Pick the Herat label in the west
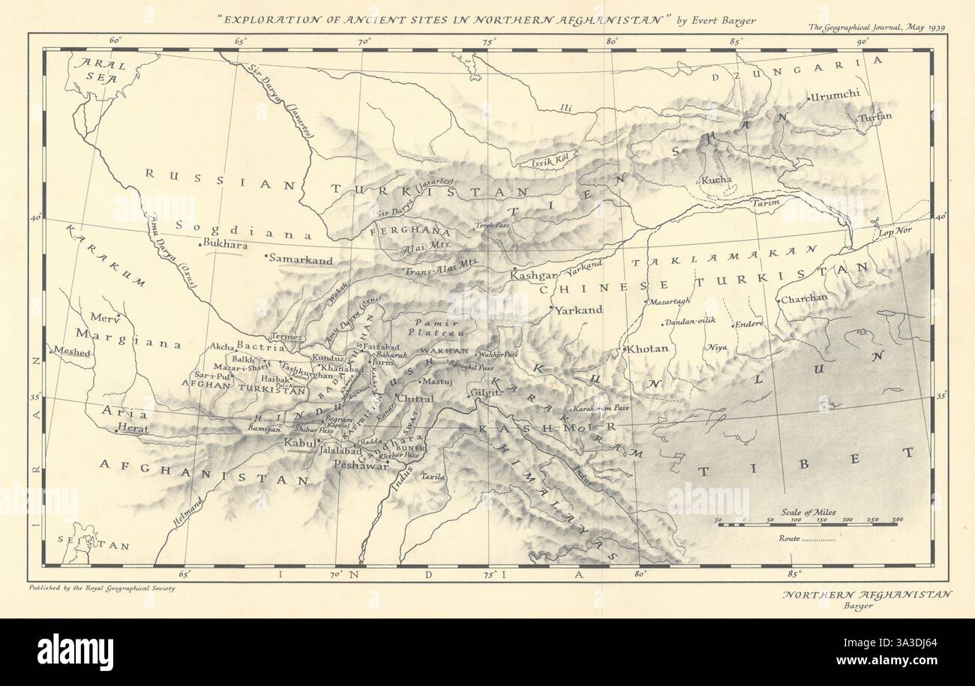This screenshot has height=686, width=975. pos(136,430)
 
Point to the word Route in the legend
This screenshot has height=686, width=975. pos(790,538)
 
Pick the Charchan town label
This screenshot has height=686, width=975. pos(804,298)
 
